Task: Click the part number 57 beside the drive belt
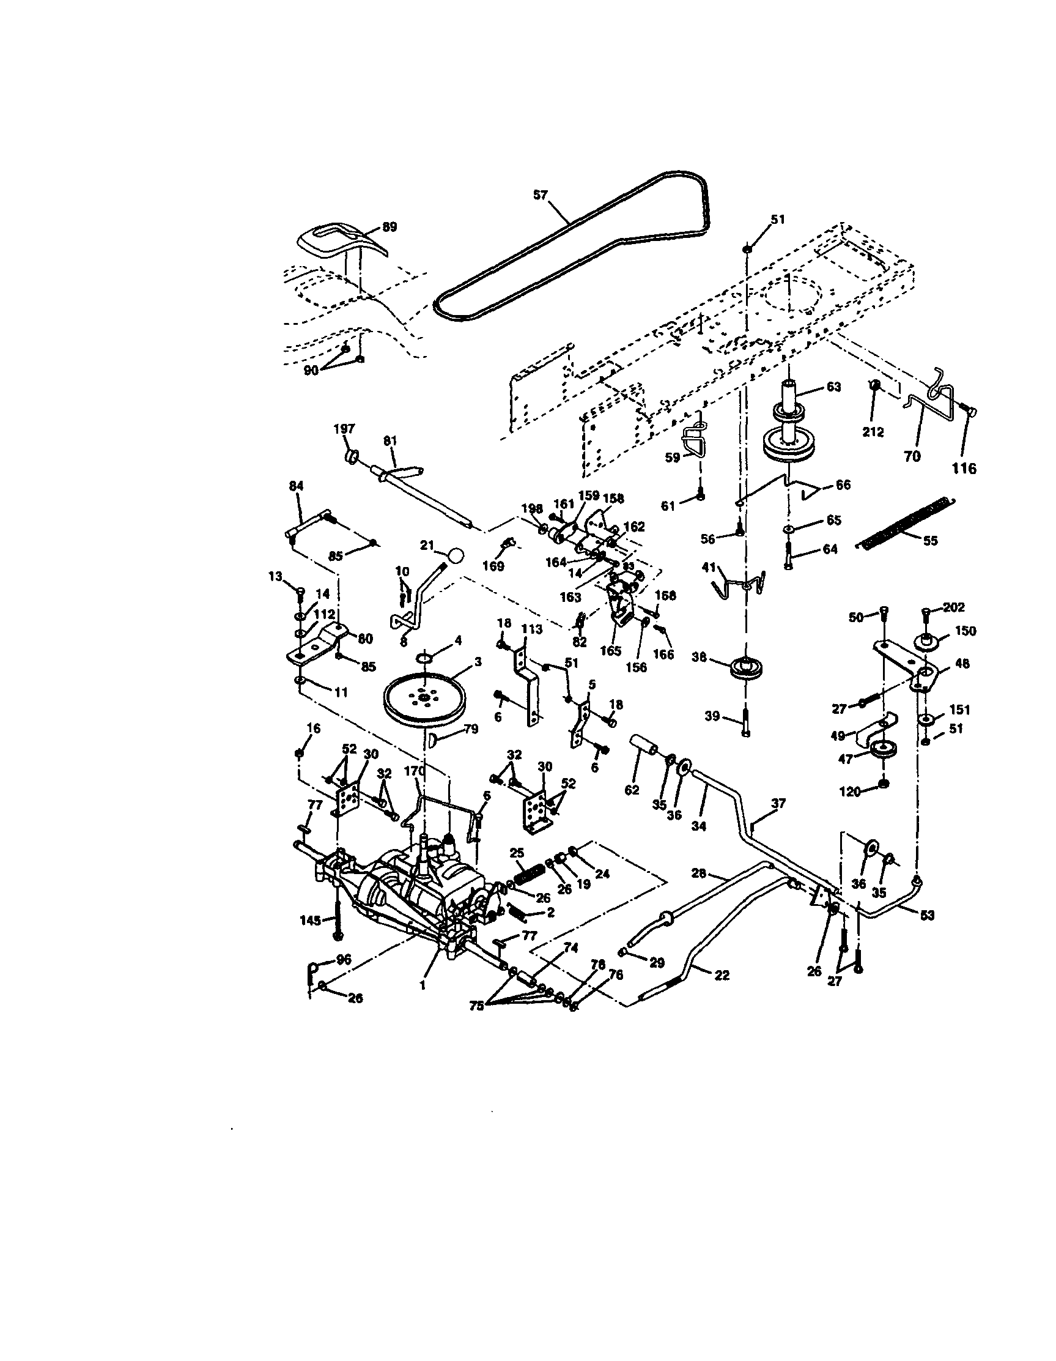pyautogui.click(x=539, y=195)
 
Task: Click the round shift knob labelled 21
pyautogui.click(x=456, y=555)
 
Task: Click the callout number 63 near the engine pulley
pyautogui.click(x=833, y=387)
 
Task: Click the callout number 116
pyautogui.click(x=964, y=468)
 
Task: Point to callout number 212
pyautogui.click(x=873, y=432)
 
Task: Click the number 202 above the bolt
pyautogui.click(x=953, y=606)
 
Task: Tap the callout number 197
pyautogui.click(x=344, y=429)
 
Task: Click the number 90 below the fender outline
pyautogui.click(x=311, y=370)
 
